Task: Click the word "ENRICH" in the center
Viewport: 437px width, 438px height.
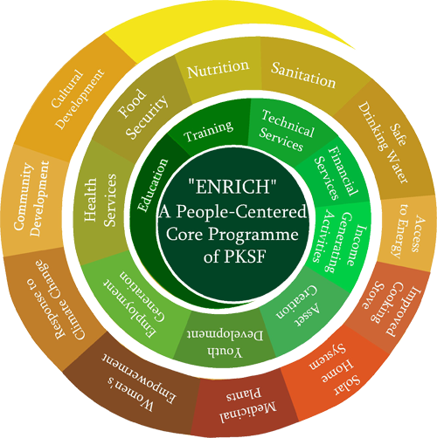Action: (x=232, y=187)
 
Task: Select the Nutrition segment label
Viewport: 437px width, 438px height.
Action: (x=218, y=69)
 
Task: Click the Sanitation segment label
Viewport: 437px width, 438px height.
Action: (x=303, y=75)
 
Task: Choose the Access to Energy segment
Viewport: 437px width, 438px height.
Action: (x=406, y=233)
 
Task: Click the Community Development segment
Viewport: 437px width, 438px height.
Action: (x=33, y=201)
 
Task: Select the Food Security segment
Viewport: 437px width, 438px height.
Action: (x=142, y=113)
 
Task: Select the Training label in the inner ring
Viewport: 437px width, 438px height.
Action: (x=209, y=131)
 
